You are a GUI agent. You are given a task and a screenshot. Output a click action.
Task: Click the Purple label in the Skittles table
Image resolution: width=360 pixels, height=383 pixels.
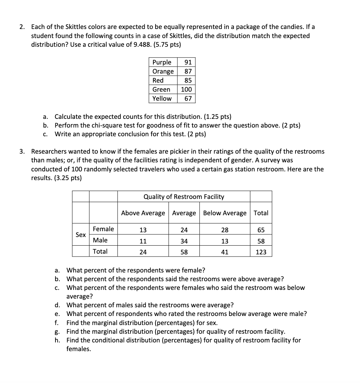tap(162, 62)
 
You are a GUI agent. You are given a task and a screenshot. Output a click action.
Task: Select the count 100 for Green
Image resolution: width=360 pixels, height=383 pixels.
tap(186, 89)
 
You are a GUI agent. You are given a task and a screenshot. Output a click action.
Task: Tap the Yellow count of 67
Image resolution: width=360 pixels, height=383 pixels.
tap(188, 98)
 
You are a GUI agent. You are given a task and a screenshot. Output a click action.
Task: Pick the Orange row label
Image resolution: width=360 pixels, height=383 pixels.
tap(163, 71)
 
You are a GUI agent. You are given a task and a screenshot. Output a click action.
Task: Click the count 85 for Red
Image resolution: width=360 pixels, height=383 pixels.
tap(188, 80)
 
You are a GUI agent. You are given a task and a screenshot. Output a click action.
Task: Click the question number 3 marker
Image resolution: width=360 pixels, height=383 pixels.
tap(22, 151)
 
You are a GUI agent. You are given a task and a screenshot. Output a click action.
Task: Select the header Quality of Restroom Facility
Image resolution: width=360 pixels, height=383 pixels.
tap(184, 196)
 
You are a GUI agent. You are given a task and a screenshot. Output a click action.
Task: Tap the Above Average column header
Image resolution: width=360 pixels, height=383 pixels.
tap(143, 213)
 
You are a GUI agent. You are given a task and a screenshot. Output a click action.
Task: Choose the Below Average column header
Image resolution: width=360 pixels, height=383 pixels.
tap(225, 213)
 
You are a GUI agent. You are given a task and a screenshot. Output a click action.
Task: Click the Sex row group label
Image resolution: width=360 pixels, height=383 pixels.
tap(81, 234)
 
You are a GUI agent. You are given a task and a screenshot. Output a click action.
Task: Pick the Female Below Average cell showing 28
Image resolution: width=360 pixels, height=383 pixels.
tap(225, 230)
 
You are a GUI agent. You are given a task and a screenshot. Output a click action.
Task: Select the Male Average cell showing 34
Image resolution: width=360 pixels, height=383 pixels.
tap(184, 241)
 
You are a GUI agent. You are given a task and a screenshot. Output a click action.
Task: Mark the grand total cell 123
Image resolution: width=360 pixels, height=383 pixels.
tap(261, 252)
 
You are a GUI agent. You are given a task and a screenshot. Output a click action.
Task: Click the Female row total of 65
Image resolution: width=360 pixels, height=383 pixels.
tap(261, 230)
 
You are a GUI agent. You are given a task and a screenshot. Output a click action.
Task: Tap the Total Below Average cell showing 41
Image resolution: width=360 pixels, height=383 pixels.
tap(225, 252)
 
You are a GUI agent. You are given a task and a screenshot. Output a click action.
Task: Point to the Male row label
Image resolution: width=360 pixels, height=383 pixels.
tap(100, 240)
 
